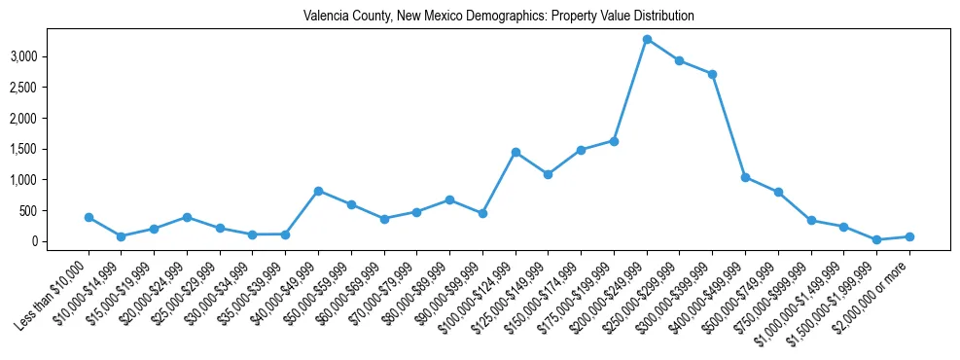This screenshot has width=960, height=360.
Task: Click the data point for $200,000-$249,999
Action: [x=647, y=39]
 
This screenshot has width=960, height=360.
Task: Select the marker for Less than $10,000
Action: [x=89, y=217]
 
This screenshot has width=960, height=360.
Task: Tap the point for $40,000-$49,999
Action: [x=318, y=191]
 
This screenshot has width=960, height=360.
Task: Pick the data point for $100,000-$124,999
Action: [x=516, y=152]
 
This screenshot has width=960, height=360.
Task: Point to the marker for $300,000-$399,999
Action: [x=712, y=74]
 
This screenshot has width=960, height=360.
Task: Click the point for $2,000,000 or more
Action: [x=909, y=236]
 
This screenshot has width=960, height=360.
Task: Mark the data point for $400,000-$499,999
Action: [x=745, y=177]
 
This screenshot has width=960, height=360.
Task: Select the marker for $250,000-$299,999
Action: [x=679, y=60]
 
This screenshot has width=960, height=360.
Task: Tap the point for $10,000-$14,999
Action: [x=121, y=236]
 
